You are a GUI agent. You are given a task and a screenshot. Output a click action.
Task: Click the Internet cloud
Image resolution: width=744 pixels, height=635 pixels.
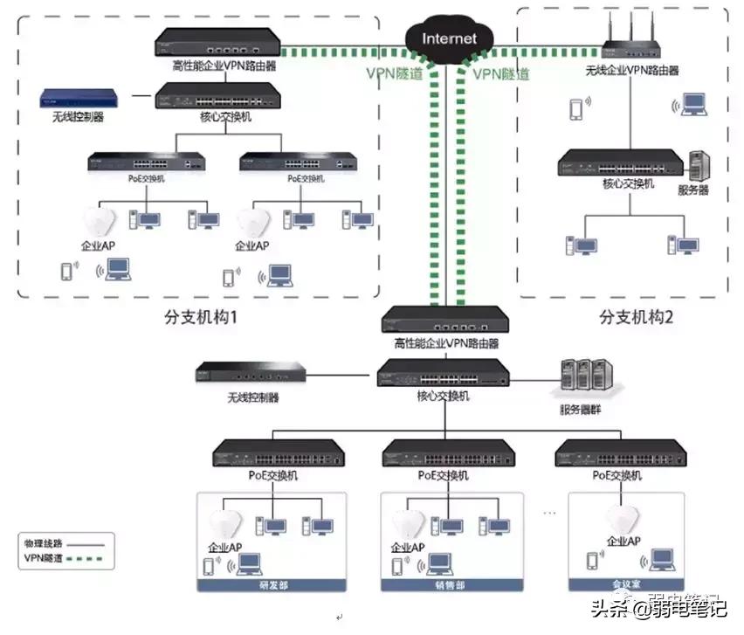449,38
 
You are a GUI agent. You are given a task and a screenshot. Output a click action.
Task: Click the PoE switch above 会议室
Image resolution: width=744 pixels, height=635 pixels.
621,453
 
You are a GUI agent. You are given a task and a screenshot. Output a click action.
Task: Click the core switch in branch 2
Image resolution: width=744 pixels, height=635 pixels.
621,162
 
